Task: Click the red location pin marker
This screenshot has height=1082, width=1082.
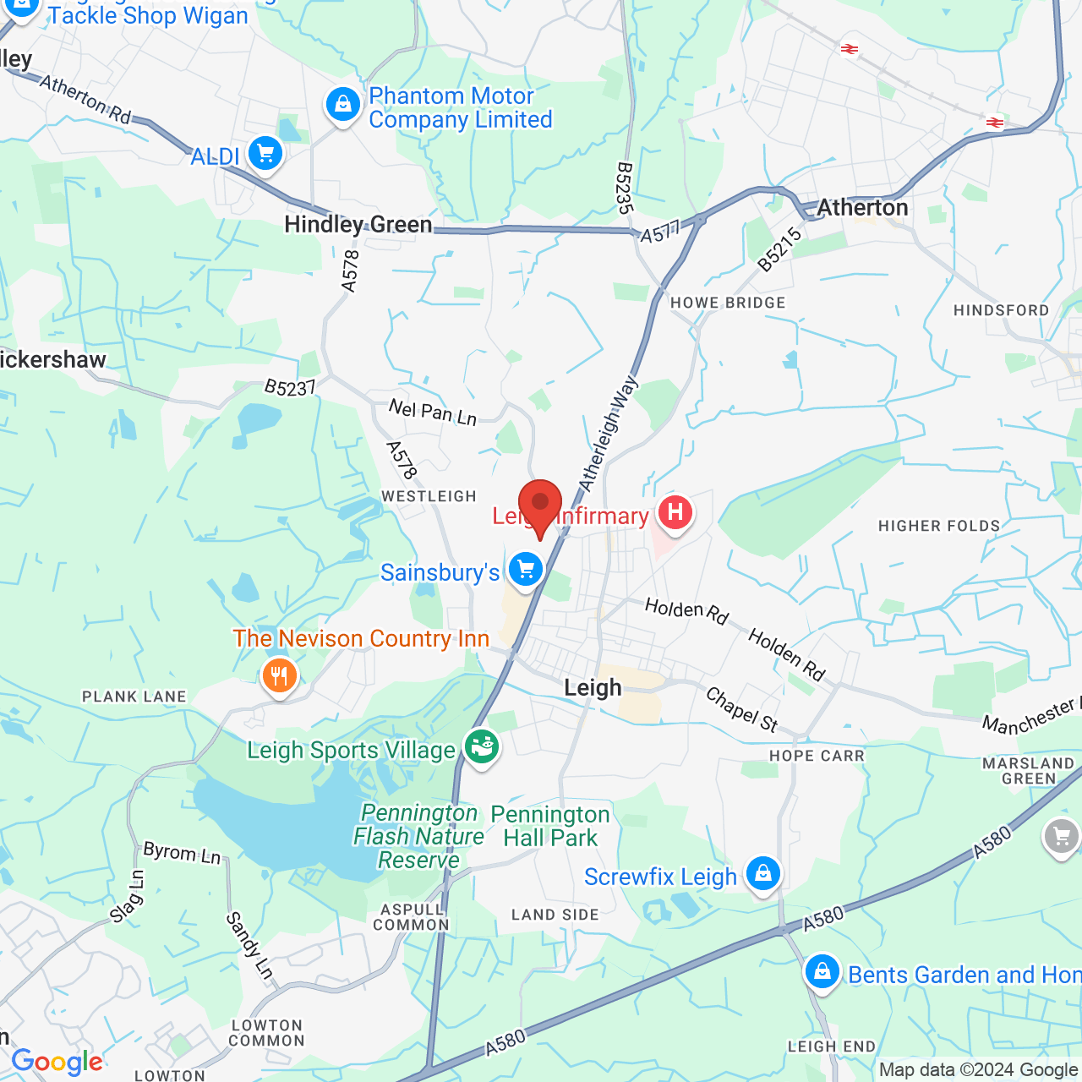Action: pyautogui.click(x=539, y=505)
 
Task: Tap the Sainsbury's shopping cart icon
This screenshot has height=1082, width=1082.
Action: pyautogui.click(x=526, y=569)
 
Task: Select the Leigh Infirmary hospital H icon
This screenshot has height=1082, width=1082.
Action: pyautogui.click(x=675, y=512)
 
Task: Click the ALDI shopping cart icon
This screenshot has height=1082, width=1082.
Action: pyautogui.click(x=265, y=154)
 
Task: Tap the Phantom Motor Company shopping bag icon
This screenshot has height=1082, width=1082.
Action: pyautogui.click(x=343, y=105)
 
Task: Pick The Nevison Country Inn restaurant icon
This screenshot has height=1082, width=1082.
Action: pyautogui.click(x=279, y=675)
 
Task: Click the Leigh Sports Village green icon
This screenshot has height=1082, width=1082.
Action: pyautogui.click(x=481, y=747)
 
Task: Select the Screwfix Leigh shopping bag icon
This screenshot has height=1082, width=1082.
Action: pyautogui.click(x=762, y=873)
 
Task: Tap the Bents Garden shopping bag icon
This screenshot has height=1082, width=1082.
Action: pyautogui.click(x=822, y=971)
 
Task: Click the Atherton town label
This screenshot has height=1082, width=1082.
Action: pyautogui.click(x=862, y=208)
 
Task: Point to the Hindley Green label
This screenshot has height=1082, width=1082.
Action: pyautogui.click(x=358, y=225)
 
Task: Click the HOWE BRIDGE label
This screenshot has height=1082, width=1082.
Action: pyautogui.click(x=728, y=303)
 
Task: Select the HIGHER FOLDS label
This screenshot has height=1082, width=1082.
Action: pyautogui.click(x=939, y=526)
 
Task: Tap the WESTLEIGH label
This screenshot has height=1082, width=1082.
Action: pyautogui.click(x=429, y=496)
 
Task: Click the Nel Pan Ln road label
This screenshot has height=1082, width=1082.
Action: pyautogui.click(x=433, y=413)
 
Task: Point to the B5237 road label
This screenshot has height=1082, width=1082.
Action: pyautogui.click(x=289, y=388)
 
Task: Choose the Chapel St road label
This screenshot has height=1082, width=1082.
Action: pyautogui.click(x=741, y=709)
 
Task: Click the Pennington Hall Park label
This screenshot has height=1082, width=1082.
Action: pyautogui.click(x=550, y=826)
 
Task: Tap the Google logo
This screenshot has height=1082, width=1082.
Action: pyautogui.click(x=57, y=1062)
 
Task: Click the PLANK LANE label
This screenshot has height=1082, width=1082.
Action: pyautogui.click(x=134, y=697)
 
